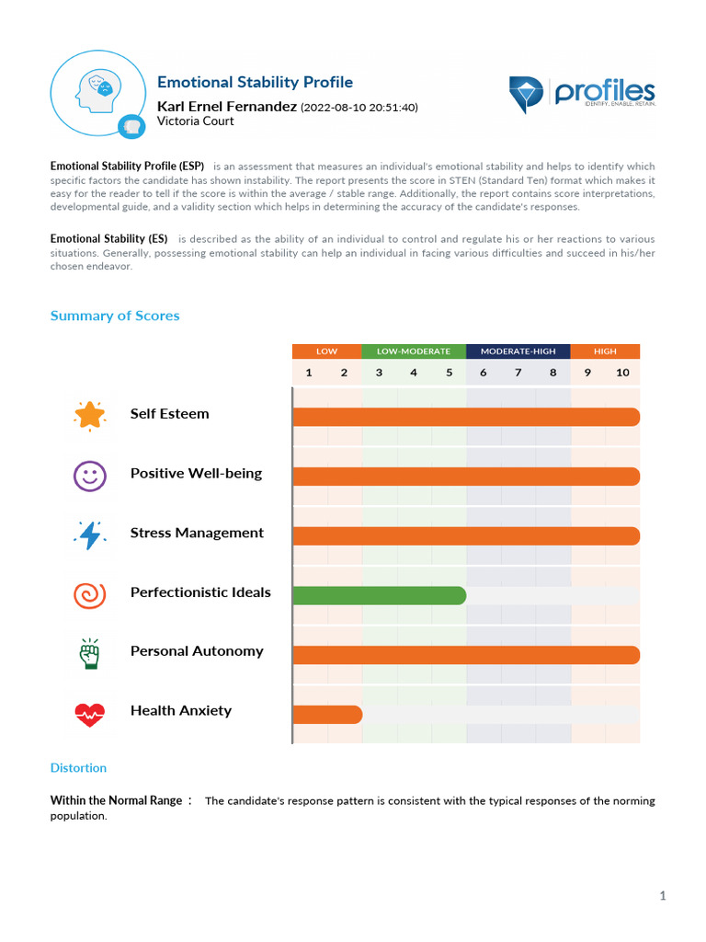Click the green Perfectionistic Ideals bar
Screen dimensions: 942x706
click(379, 595)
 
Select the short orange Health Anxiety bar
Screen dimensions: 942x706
click(327, 714)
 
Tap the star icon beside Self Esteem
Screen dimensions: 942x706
click(90, 415)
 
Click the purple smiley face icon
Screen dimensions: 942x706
click(90, 475)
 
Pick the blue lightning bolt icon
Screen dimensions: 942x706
click(90, 534)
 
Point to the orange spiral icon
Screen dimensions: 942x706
click(90, 594)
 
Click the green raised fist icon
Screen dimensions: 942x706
click(90, 653)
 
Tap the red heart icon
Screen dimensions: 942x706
click(90, 713)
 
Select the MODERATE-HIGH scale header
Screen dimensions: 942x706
click(518, 351)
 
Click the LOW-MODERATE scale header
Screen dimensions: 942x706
click(414, 351)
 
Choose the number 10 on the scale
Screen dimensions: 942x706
click(622, 373)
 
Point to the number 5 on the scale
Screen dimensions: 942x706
click(449, 373)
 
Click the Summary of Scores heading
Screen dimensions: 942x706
click(115, 316)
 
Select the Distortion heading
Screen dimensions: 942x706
click(78, 768)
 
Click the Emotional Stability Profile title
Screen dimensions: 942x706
click(255, 83)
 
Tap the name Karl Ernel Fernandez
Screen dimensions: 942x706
click(227, 107)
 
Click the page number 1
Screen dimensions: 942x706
click(662, 896)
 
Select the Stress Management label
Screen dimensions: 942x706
click(197, 533)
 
